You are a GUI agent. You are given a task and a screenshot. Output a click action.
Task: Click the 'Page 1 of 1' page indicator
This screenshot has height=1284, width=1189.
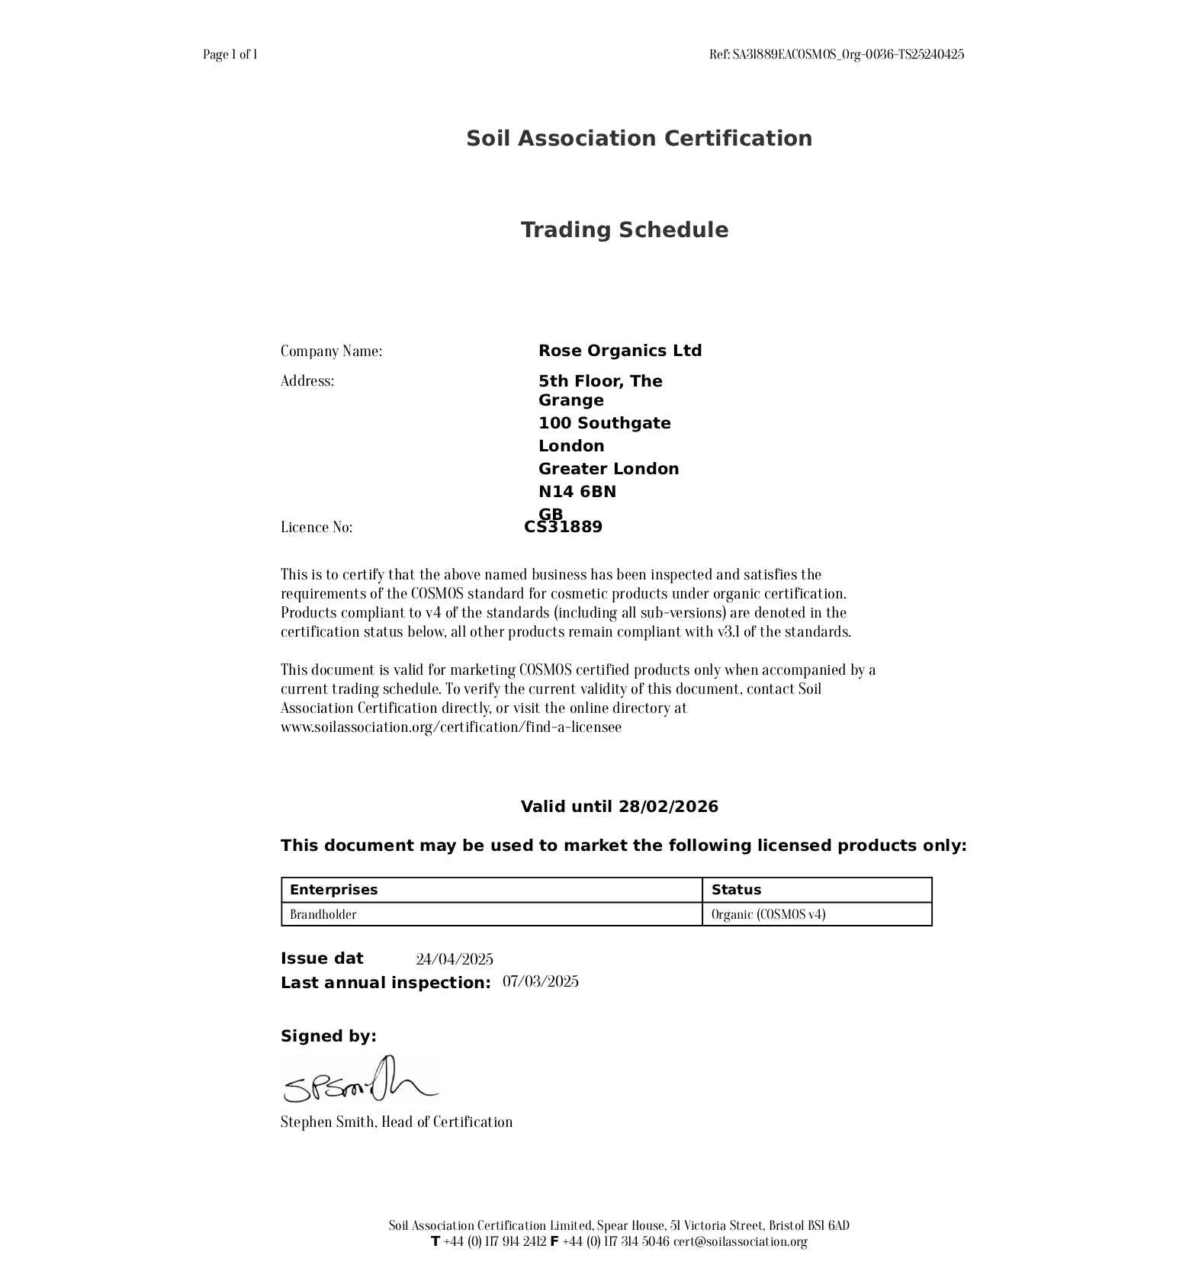(230, 54)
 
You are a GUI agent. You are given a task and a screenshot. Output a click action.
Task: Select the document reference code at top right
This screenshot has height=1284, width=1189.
(836, 54)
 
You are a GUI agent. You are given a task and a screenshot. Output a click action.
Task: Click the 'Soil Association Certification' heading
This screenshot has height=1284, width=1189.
(639, 139)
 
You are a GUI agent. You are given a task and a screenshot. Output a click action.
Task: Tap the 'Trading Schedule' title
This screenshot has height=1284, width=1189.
(624, 230)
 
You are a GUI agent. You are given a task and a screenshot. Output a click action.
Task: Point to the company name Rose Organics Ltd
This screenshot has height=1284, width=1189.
(619, 351)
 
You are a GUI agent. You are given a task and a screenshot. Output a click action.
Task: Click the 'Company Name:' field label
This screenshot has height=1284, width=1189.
(331, 351)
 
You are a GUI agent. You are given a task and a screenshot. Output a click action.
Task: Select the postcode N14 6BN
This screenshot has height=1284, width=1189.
(577, 492)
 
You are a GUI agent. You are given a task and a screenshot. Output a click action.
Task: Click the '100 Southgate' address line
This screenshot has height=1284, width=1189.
(604, 423)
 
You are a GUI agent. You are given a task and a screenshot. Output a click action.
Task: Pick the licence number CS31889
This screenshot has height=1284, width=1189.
(564, 528)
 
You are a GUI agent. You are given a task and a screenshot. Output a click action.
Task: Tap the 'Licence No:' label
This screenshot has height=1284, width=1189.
(317, 528)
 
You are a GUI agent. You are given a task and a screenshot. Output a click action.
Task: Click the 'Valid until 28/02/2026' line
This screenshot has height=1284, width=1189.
(619, 807)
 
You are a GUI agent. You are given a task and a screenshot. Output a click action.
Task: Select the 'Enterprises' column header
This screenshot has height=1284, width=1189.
(333, 890)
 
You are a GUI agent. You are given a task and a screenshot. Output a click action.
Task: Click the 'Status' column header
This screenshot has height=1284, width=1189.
(736, 890)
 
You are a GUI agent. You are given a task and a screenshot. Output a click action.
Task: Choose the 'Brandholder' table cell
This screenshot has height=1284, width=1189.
(323, 914)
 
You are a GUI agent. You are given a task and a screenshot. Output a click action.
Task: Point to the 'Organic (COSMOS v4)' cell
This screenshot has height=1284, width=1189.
(768, 914)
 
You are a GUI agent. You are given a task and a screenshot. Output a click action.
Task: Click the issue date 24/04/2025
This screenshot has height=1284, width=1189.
(454, 959)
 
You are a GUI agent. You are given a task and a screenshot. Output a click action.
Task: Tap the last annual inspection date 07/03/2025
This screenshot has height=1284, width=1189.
(540, 981)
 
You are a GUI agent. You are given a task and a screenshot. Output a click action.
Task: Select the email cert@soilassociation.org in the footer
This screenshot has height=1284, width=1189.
(740, 1241)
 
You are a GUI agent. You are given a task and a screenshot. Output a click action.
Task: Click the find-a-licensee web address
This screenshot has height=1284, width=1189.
(451, 727)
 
